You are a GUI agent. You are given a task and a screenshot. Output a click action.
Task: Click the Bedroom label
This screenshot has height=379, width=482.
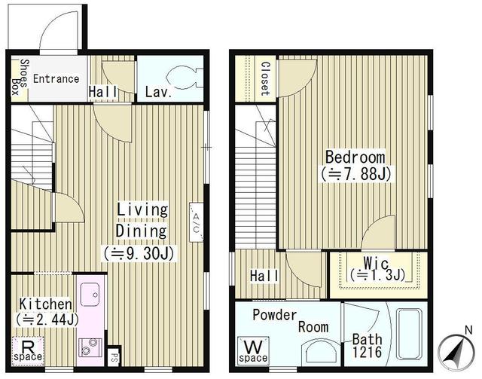coord(355,157)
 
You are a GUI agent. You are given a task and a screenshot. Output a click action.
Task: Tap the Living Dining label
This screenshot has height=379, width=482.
coord(142,219)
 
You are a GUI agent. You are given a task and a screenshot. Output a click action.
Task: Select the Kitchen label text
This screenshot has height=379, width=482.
coord(45,304)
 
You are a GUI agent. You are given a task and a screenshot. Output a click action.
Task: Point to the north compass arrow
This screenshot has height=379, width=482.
coord(455,352)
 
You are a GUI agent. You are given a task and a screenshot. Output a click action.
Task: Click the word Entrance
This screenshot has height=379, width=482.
coord(56,78)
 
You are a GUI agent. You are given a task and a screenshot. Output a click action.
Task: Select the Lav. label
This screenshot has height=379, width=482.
coord(158,93)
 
